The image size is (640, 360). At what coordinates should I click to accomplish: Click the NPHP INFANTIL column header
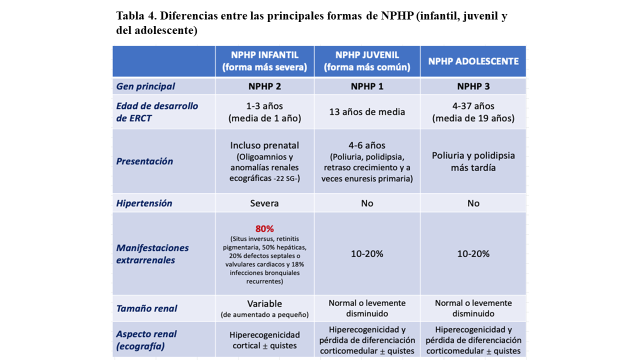[264, 61]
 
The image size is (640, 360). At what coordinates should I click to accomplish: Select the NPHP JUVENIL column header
[367, 61]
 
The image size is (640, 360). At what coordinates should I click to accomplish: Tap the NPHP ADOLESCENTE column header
[473, 61]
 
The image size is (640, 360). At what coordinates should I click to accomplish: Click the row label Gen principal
[145, 86]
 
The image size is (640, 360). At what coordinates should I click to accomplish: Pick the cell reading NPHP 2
[264, 86]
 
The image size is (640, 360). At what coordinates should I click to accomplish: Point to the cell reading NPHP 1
[367, 86]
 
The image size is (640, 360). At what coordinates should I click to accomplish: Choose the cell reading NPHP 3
[473, 86]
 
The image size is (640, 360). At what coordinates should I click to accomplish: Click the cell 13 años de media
[367, 112]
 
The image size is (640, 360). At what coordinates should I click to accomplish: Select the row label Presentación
[144, 161]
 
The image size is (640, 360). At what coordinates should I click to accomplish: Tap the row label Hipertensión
[144, 203]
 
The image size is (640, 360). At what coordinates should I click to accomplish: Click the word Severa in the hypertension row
[264, 203]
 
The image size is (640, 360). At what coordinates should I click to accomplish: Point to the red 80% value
[264, 228]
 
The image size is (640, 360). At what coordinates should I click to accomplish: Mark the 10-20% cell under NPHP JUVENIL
[367, 254]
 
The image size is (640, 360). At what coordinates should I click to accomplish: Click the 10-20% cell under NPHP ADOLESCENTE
[473, 254]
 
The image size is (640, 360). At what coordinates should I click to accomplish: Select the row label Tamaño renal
[146, 308]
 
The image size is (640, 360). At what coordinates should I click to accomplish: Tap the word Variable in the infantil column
[264, 303]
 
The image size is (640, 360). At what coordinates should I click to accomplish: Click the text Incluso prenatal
[264, 145]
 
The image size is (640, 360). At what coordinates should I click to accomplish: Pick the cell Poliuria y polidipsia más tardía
[473, 161]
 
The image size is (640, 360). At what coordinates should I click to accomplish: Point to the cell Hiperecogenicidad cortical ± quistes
[264, 340]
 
